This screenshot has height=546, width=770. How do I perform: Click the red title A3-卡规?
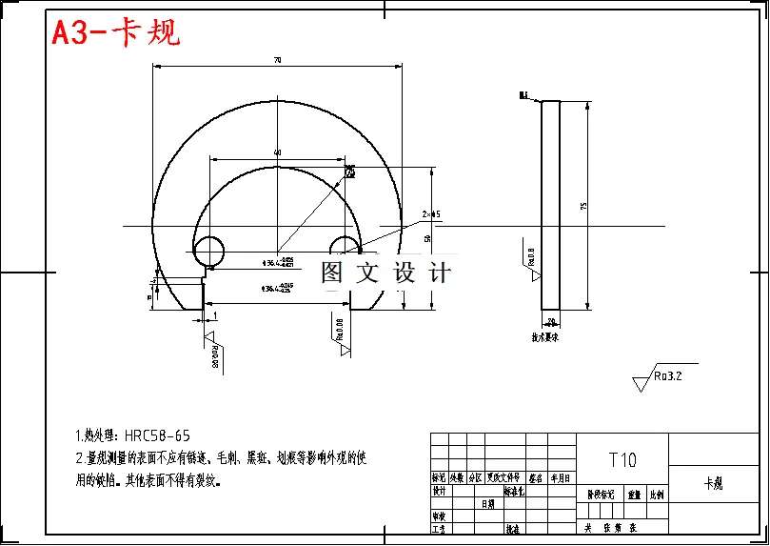[115, 33]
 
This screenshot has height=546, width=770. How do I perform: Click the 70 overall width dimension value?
[277, 60]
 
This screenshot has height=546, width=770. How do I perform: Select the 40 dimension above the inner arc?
[277, 152]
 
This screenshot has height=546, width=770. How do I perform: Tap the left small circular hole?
[207, 250]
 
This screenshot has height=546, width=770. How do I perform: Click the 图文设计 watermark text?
[385, 273]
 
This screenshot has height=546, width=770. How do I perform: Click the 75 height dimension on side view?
[583, 205]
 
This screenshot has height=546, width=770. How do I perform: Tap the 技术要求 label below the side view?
[545, 336]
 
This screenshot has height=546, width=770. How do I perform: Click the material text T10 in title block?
[622, 460]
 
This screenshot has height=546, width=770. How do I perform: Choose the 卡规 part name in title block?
[713, 484]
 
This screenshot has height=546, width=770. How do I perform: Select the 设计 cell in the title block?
[440, 492]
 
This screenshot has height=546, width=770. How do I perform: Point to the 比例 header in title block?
[657, 495]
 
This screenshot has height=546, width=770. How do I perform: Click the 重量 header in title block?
[632, 495]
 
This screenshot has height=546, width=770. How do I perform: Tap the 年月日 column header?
[561, 478]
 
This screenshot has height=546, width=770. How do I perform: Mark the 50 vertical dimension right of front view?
[427, 237]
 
